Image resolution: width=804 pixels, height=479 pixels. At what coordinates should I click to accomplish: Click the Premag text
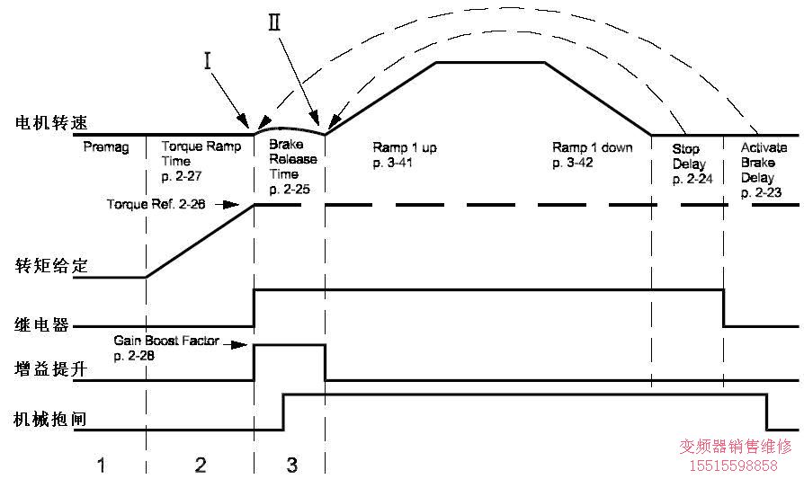tap(101, 146)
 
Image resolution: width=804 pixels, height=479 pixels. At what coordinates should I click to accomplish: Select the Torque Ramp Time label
tap(200, 160)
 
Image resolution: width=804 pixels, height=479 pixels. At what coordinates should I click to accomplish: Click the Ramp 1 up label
tap(404, 153)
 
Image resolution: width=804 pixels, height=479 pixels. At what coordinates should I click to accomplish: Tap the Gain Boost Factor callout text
tap(165, 349)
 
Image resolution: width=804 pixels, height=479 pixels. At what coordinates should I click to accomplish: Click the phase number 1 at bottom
tap(102, 465)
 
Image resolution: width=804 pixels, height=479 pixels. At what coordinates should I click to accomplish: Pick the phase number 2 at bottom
tap(200, 465)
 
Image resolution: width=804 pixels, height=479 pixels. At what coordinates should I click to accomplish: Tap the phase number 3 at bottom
tap(290, 465)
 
